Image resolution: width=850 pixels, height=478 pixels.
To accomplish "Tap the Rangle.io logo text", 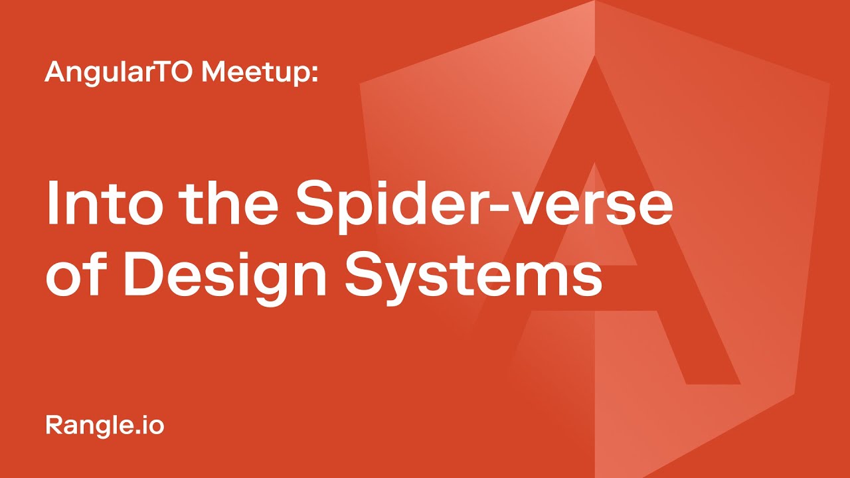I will point(104,425).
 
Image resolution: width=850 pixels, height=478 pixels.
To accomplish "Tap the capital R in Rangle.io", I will point(53,424).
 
